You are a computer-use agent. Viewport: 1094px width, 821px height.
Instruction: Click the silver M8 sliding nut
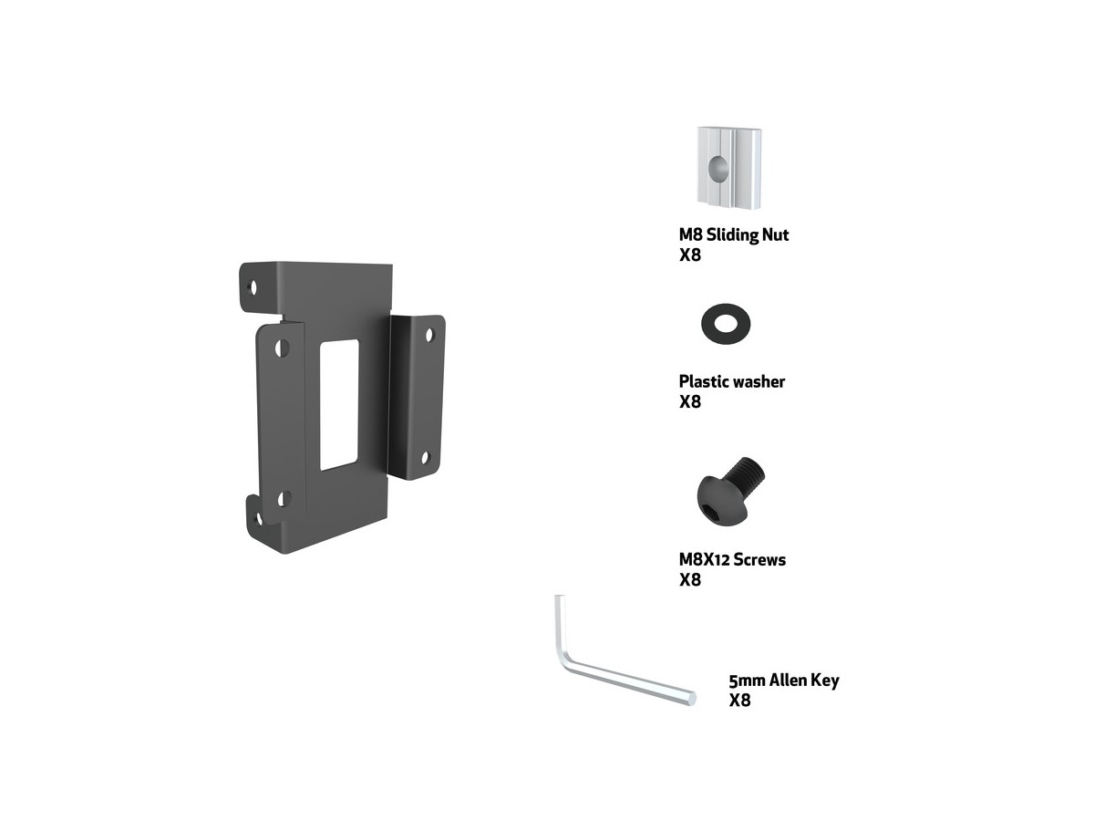point(728,168)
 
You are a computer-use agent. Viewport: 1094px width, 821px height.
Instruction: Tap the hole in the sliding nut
point(718,169)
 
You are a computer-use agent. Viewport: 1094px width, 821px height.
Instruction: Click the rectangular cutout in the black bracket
point(339,405)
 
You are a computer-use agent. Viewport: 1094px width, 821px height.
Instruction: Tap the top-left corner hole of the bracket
point(253,287)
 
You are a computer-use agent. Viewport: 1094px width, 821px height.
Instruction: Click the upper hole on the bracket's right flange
point(429,335)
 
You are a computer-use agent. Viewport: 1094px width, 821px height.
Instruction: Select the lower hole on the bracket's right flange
point(426,458)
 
